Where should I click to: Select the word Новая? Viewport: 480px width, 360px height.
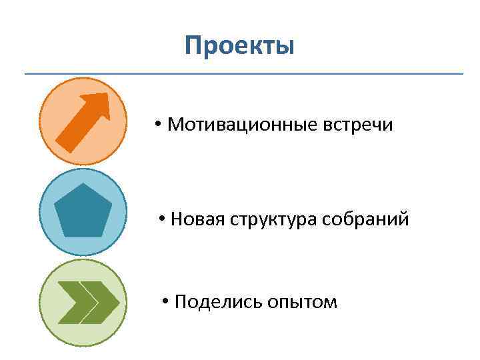coord(193,219)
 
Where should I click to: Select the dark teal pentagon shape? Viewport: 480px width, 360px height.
coord(82,212)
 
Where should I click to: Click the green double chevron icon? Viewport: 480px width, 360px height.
coord(87,302)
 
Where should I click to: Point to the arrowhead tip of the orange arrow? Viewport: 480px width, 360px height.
coord(107,95)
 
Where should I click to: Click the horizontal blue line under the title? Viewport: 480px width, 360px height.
coord(243,73)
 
